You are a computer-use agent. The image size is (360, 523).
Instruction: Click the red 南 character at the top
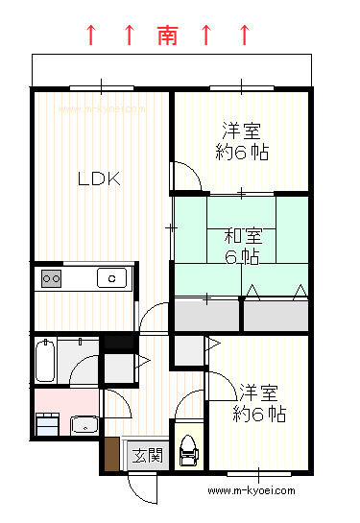click(x=167, y=35)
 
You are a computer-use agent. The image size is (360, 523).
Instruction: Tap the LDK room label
click(x=99, y=178)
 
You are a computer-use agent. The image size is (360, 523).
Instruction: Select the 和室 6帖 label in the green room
click(x=243, y=247)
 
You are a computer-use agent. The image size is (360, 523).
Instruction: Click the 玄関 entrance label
click(x=148, y=455)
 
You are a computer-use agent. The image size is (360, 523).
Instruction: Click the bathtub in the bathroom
click(x=45, y=360)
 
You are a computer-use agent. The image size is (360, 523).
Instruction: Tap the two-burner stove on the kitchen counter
click(x=52, y=278)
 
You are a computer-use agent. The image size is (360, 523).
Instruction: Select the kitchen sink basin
click(x=111, y=278)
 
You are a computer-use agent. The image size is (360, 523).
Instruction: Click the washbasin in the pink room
click(x=84, y=425)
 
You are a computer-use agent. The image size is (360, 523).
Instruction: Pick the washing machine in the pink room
click(x=47, y=424)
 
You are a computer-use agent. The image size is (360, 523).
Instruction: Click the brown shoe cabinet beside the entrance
click(x=111, y=454)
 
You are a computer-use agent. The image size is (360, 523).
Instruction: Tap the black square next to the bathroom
click(x=119, y=343)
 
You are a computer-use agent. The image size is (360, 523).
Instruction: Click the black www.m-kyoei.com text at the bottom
click(x=252, y=490)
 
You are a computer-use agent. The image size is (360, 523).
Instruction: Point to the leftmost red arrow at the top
click(x=91, y=35)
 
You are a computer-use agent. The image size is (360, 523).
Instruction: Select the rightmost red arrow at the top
click(x=245, y=35)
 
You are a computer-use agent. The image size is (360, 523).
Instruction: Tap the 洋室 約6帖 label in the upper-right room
click(x=242, y=141)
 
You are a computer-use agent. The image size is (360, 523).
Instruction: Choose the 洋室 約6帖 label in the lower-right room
click(x=259, y=403)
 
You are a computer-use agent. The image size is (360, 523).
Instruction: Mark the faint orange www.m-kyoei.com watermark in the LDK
click(x=102, y=109)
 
